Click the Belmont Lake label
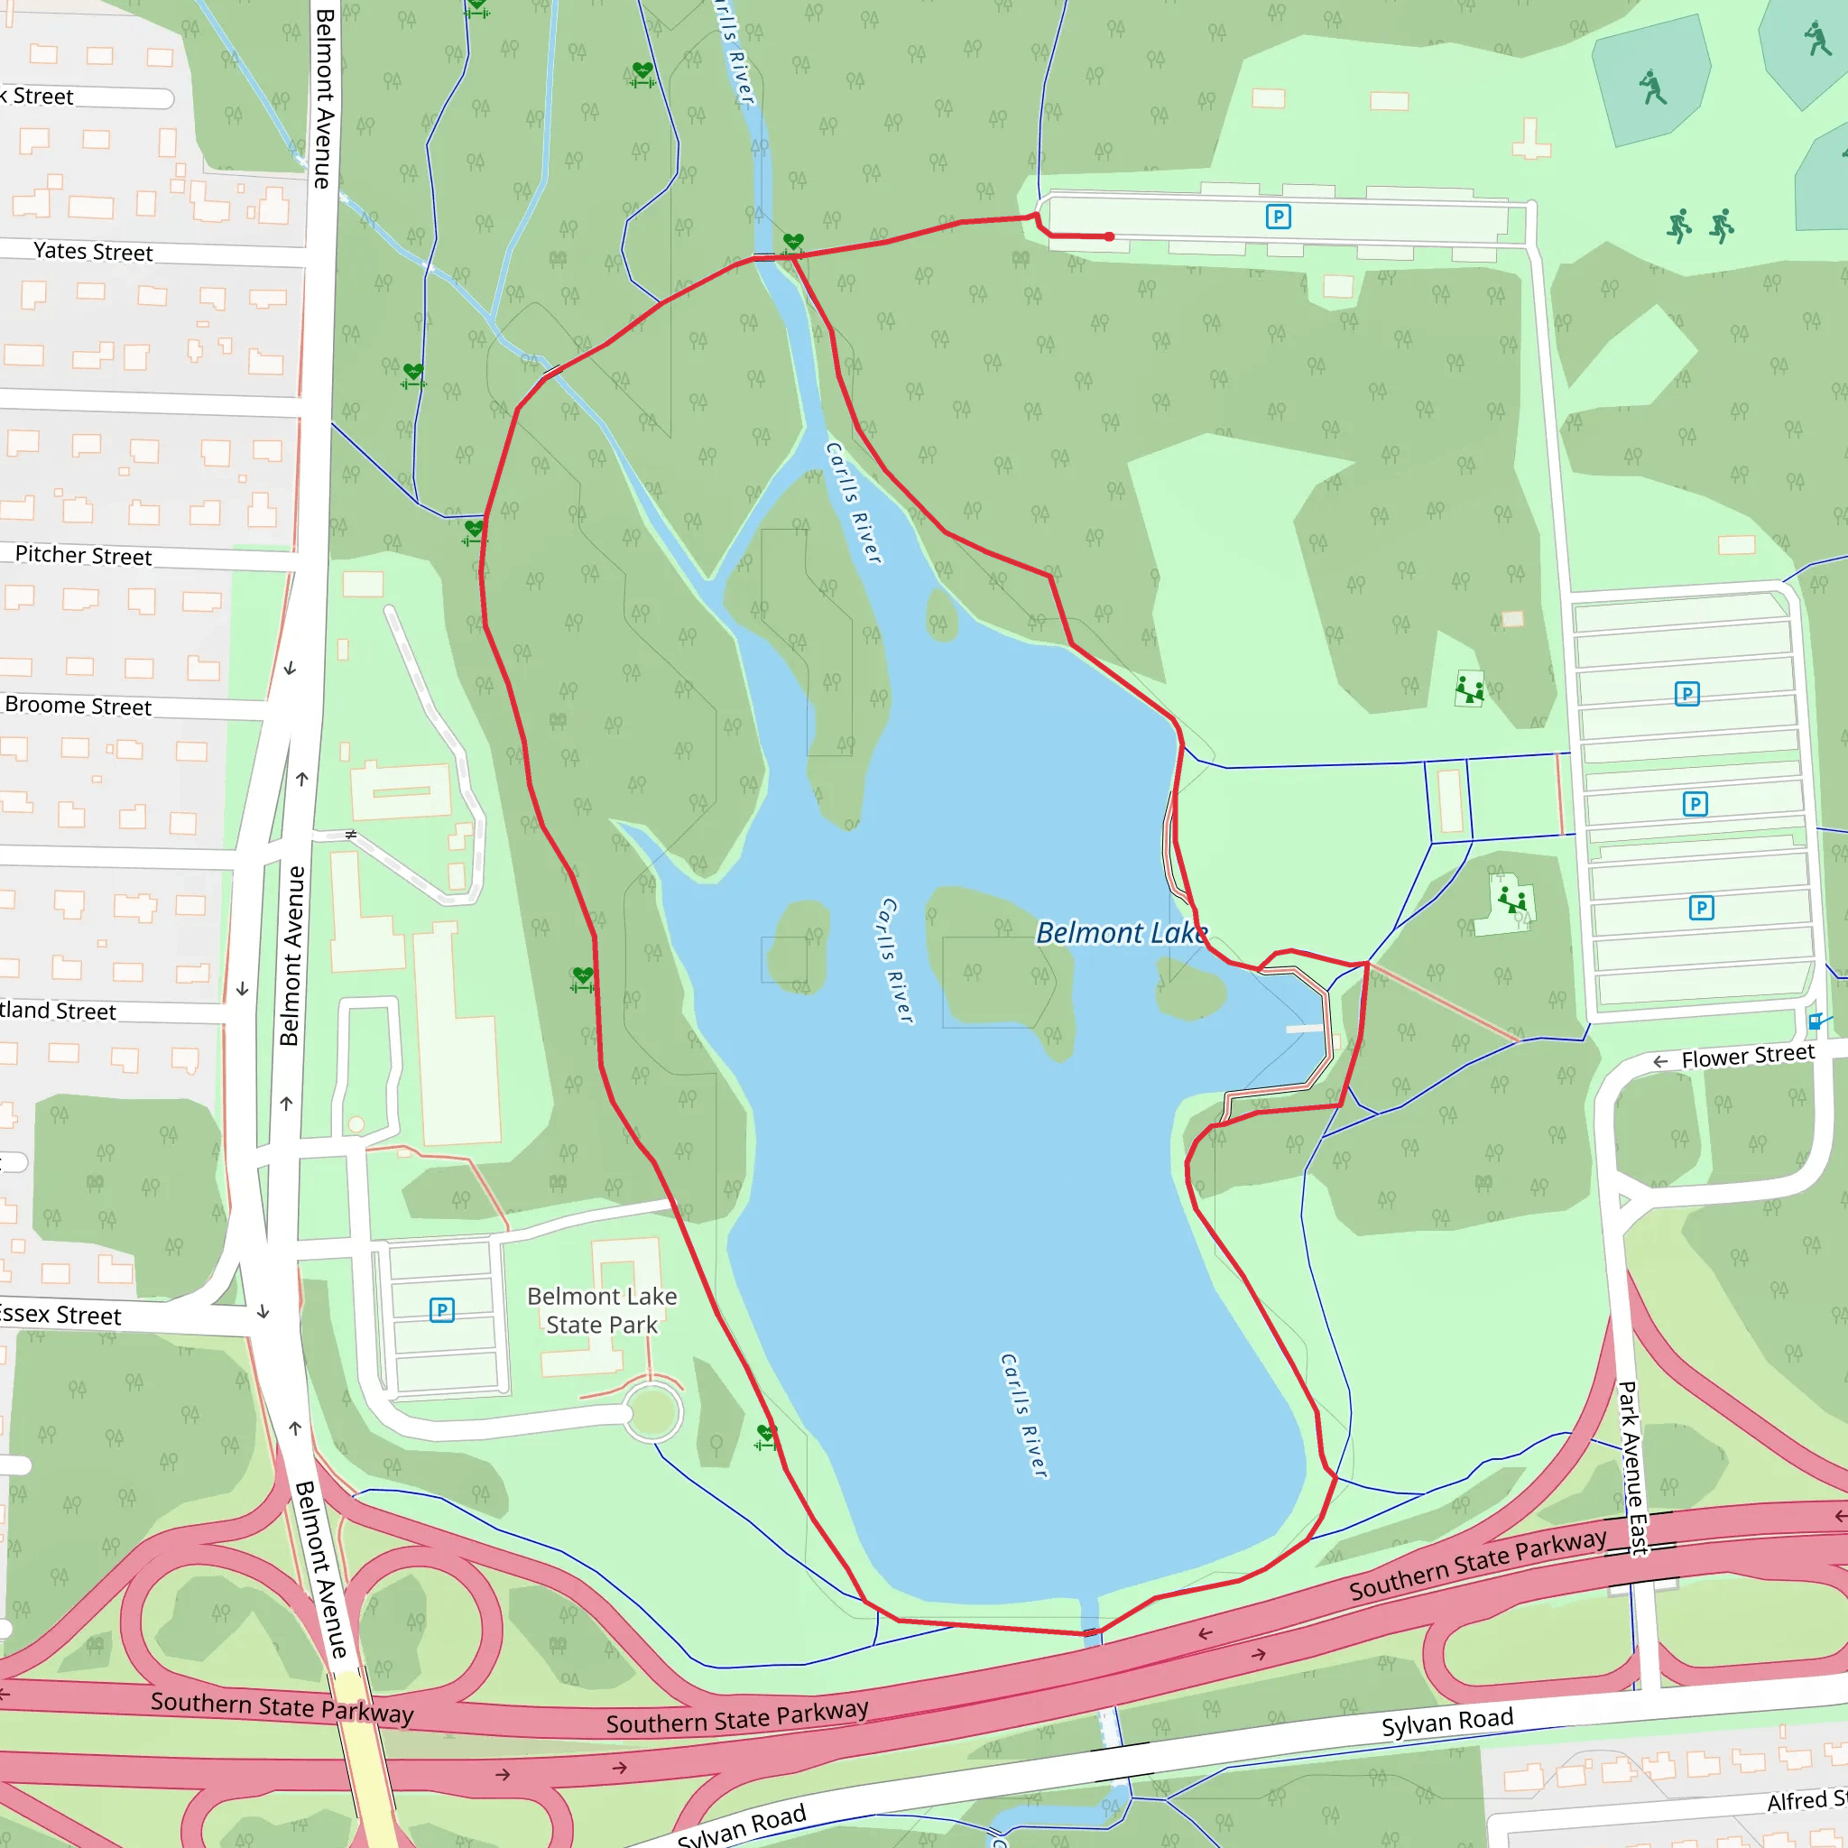coord(1121,933)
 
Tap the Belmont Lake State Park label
coord(602,1310)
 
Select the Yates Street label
coord(93,252)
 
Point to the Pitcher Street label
coord(83,556)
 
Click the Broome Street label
coord(78,706)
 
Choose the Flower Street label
coord(1747,1056)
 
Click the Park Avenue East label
coord(1631,1468)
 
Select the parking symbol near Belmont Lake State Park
coord(442,1309)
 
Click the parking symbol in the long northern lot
coord(1278,217)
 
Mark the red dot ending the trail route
coord(1110,236)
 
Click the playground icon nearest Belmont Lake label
coord(1512,900)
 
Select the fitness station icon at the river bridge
coord(793,243)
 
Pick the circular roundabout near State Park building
coord(653,1412)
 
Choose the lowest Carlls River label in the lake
coord(1023,1416)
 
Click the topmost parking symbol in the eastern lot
coord(1687,694)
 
